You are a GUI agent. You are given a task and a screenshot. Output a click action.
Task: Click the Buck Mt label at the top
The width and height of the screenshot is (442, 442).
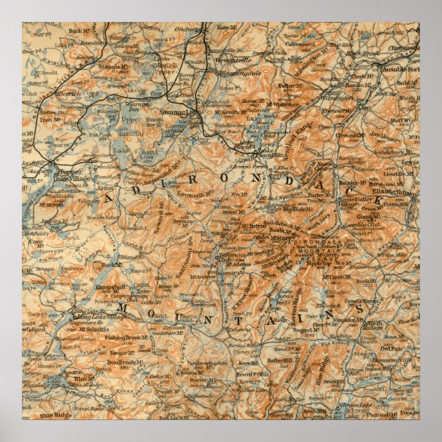pyautogui.click(x=80, y=31)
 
